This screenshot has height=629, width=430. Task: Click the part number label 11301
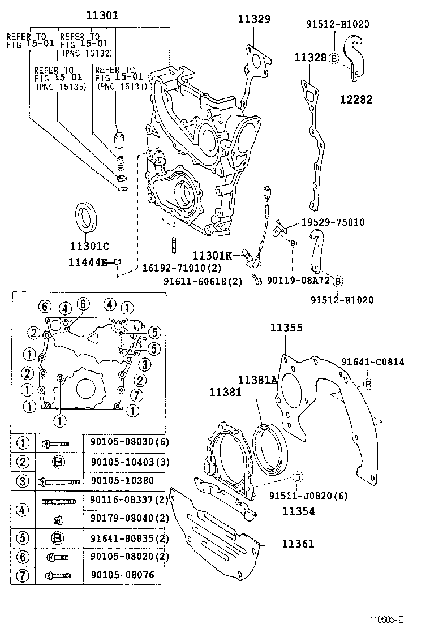102,16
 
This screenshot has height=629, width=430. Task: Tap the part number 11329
253,19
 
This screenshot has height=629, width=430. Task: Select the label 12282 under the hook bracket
356,100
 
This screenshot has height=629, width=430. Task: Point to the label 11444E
88,261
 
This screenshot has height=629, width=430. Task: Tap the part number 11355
286,328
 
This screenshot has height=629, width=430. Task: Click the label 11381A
257,380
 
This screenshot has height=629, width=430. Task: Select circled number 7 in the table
23,575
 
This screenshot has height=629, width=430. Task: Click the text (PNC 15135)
61,87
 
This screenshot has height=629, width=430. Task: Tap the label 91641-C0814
372,362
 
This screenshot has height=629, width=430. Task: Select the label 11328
310,57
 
